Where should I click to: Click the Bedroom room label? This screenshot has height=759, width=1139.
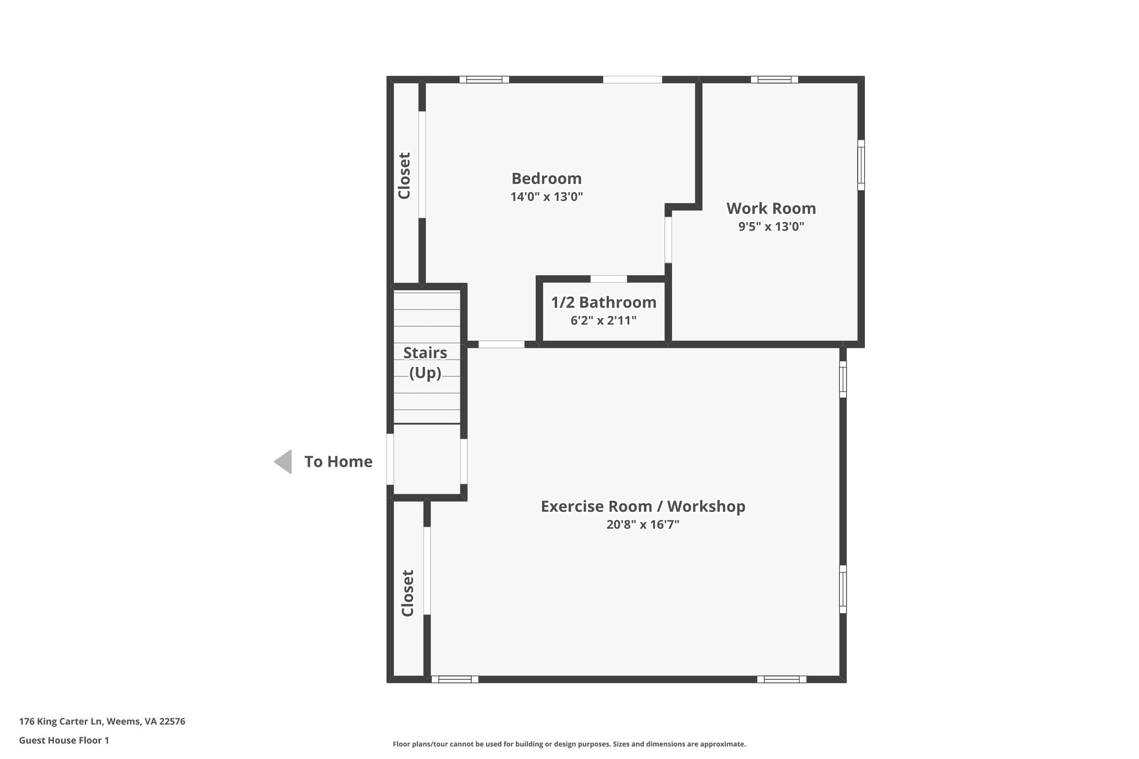tap(546, 178)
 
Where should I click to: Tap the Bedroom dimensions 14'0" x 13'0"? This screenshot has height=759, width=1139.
tap(546, 197)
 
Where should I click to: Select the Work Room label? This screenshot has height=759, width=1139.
tap(771, 209)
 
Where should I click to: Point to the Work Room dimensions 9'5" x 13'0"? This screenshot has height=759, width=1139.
tap(771, 227)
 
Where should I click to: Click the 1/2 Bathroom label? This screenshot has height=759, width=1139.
tap(603, 302)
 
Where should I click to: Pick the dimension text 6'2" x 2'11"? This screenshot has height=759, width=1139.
tap(603, 321)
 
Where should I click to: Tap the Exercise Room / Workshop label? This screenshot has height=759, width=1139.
tap(643, 507)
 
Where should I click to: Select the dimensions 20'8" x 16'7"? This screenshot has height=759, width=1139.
tap(643, 525)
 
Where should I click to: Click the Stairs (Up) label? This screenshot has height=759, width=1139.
tap(425, 363)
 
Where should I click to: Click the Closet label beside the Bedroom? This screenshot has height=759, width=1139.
tap(404, 176)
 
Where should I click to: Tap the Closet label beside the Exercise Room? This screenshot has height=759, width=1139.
tap(408, 593)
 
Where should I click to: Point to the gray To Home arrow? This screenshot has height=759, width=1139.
tap(284, 462)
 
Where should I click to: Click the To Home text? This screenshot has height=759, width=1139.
tap(338, 462)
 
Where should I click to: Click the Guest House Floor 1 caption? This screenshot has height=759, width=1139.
tap(64, 740)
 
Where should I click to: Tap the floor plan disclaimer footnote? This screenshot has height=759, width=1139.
tap(569, 744)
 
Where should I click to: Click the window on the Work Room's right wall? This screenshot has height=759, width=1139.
tap(861, 165)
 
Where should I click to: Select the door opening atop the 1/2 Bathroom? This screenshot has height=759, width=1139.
tap(608, 279)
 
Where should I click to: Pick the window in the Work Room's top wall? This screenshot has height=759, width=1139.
tap(774, 80)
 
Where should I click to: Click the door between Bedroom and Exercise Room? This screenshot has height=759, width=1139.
tap(501, 344)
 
